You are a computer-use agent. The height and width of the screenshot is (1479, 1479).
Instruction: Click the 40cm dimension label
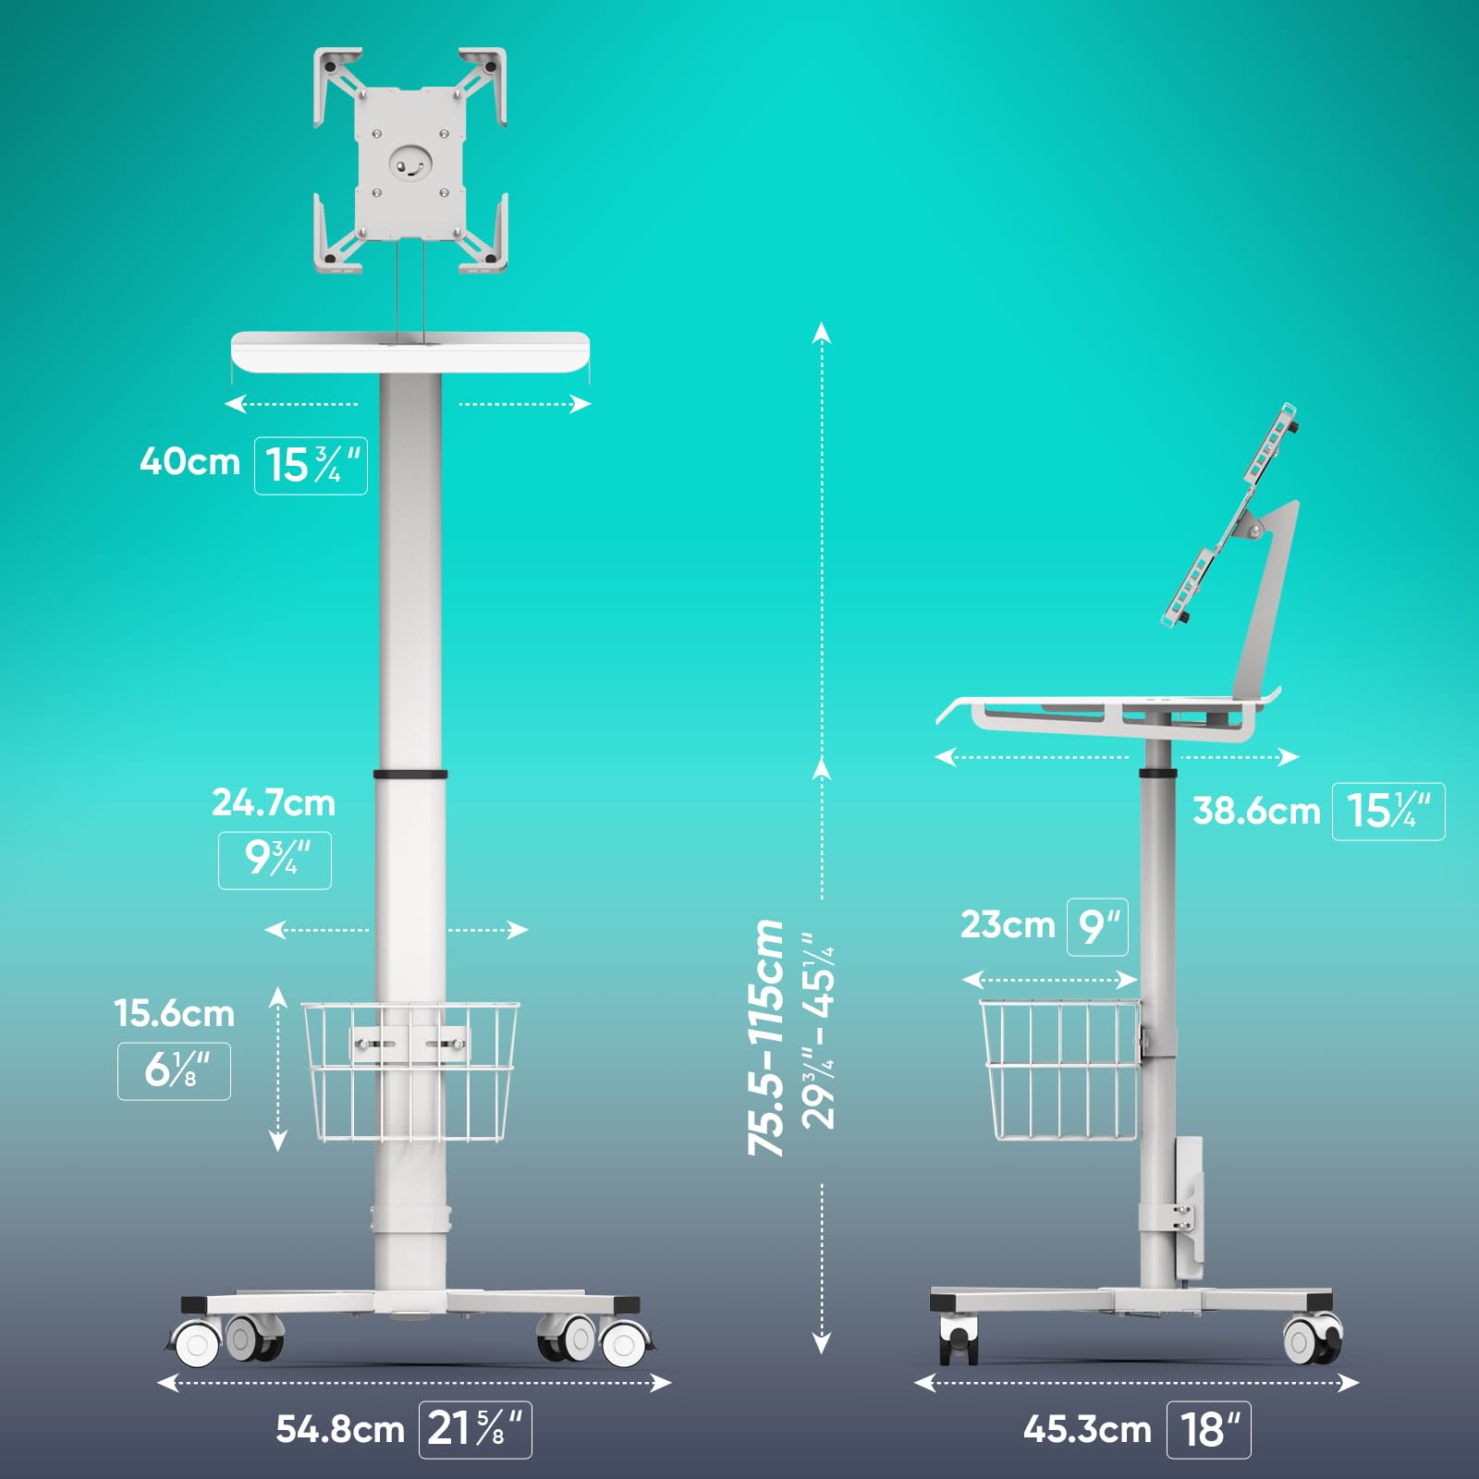point(190,461)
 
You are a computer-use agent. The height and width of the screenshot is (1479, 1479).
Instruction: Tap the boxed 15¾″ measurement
point(312,466)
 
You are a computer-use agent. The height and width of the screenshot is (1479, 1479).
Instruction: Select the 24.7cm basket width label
point(274,803)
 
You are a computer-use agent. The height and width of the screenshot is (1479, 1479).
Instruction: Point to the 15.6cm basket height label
point(175,1013)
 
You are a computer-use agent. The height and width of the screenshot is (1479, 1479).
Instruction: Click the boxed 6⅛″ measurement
point(174,1071)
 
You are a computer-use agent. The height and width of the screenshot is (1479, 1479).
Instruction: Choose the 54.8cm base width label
point(340,1429)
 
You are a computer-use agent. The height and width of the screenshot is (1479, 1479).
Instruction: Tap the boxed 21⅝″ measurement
point(475,1430)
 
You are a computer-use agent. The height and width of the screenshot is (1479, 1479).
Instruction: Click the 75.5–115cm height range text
point(766,1037)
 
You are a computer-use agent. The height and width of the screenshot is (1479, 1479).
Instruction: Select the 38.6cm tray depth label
point(1256,811)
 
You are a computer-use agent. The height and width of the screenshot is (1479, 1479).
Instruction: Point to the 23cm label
point(1008,924)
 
